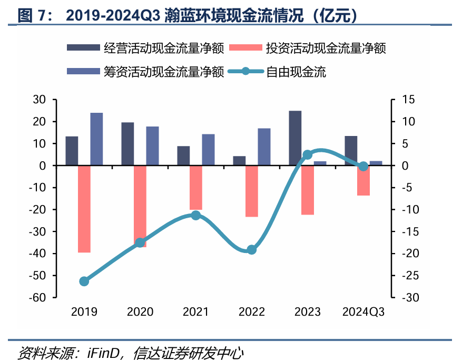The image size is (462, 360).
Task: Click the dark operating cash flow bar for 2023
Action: pyautogui.click(x=295, y=138)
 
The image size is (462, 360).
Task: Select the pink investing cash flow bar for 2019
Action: pyautogui.click(x=84, y=209)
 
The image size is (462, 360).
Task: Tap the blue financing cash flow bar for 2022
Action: pyautogui.click(x=264, y=147)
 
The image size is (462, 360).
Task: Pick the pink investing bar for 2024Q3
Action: pyautogui.click(x=363, y=180)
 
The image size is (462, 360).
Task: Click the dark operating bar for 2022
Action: pyautogui.click(x=239, y=161)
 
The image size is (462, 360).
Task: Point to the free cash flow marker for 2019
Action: pyautogui.click(x=84, y=281)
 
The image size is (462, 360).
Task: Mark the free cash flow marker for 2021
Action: pyautogui.click(x=195, y=215)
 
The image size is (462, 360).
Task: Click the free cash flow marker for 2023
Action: pyautogui.click(x=308, y=154)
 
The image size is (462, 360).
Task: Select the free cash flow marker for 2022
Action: pyautogui.click(x=252, y=250)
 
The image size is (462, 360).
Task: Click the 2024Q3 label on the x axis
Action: pyautogui.click(x=363, y=312)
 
